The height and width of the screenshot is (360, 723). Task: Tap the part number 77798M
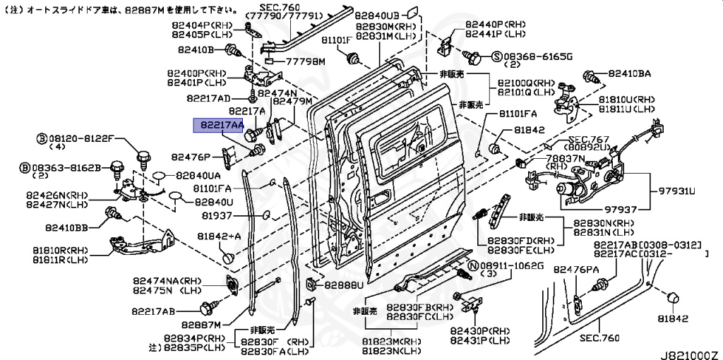tap(305, 62)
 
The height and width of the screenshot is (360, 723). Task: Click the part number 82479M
tap(292, 101)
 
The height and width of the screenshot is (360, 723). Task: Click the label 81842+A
tap(219, 236)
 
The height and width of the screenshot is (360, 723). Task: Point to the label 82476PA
tap(576, 270)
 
